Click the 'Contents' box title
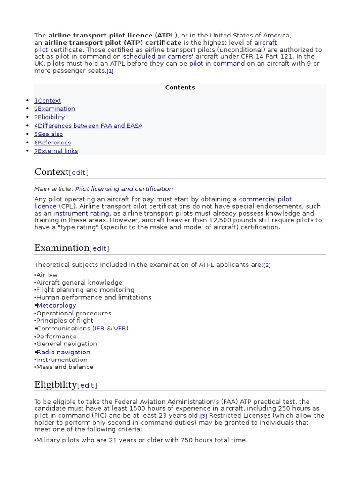pyautogui.click(x=180, y=87)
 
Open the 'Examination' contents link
pyautogui.click(x=56, y=109)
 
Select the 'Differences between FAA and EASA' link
pyautogui.click(x=90, y=126)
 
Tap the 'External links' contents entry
pyautogui.click(x=58, y=151)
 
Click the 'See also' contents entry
pyautogui.click(x=50, y=134)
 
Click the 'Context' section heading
pyautogui.click(x=51, y=172)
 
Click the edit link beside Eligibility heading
pyautogui.click(x=87, y=385)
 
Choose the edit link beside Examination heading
pyautogui.click(x=99, y=248)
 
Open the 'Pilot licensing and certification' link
pyautogui.click(x=124, y=189)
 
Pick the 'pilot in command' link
pyautogui.click(x=217, y=63)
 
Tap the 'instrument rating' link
pyautogui.click(x=81, y=213)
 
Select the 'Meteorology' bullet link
pyautogui.click(x=56, y=305)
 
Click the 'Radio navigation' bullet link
pyautogui.click(x=63, y=352)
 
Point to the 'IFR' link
pyautogui.click(x=99, y=329)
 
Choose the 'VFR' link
pyautogui.click(x=120, y=329)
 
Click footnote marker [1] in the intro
pyautogui.click(x=110, y=71)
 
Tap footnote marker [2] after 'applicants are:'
pyautogui.click(x=267, y=265)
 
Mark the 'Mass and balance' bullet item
pyautogui.click(x=65, y=367)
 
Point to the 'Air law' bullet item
pyautogui.click(x=47, y=275)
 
